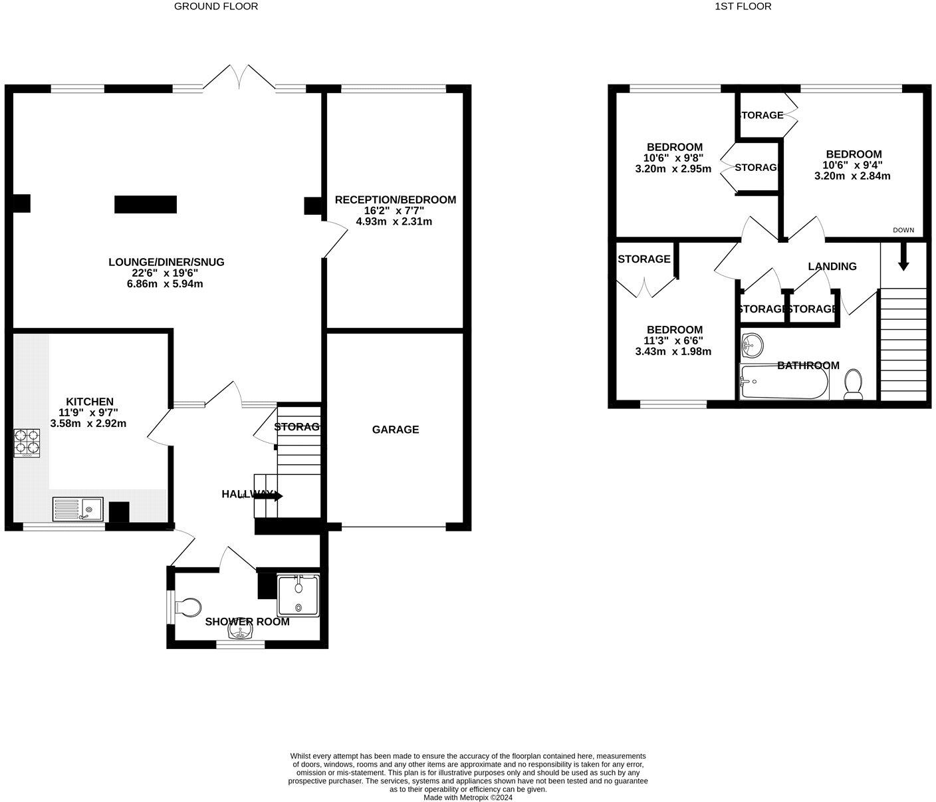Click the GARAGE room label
[x=395, y=430]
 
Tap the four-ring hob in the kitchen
[x=27, y=443]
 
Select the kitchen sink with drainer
[x=78, y=509]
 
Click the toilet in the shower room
[x=187, y=607]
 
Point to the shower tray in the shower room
[x=298, y=595]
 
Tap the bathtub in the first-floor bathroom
[x=784, y=383]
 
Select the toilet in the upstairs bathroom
[x=853, y=386]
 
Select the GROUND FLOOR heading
[x=216, y=7]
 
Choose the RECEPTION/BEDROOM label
[x=395, y=200]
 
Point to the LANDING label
[x=832, y=266]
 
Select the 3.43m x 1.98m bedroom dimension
[x=673, y=351]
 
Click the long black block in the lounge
[x=146, y=204]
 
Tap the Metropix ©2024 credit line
[x=468, y=797]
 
